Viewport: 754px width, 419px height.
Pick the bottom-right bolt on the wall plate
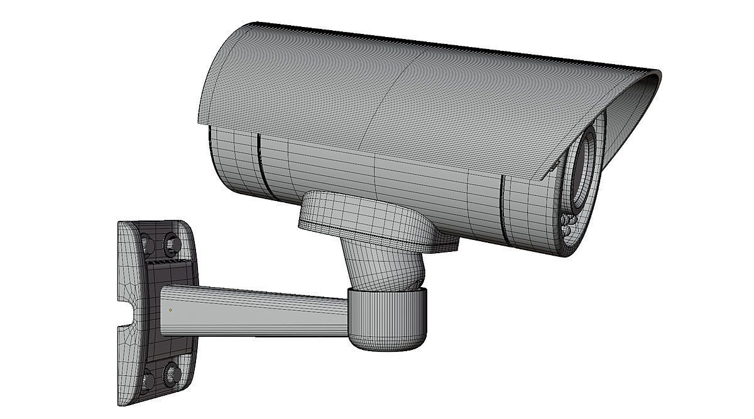170,374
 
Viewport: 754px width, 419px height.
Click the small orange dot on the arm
170,310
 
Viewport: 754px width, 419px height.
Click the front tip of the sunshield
656,75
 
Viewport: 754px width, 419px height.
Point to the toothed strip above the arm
166,259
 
